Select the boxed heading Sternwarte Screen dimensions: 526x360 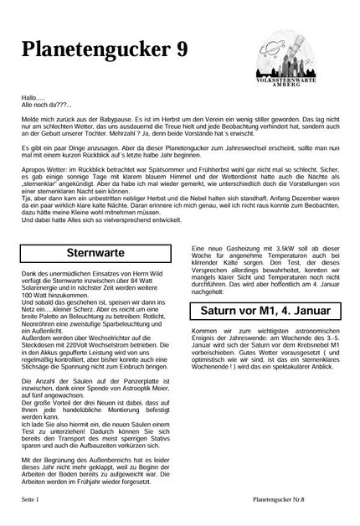tap(95, 251)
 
